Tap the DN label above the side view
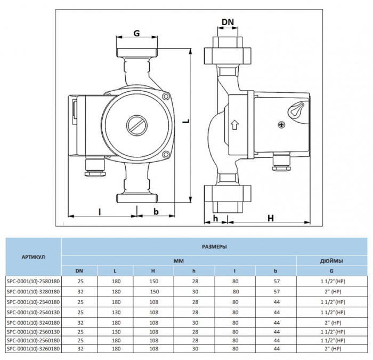pos(228,22)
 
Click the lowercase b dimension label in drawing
pos(156,211)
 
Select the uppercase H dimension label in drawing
pos(270,218)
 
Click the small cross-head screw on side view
pos(281,125)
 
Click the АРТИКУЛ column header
pos(33,257)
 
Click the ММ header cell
pos(179,261)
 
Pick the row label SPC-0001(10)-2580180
pos(33,281)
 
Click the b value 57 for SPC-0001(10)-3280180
pos(276,291)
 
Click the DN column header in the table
pos(79,271)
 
